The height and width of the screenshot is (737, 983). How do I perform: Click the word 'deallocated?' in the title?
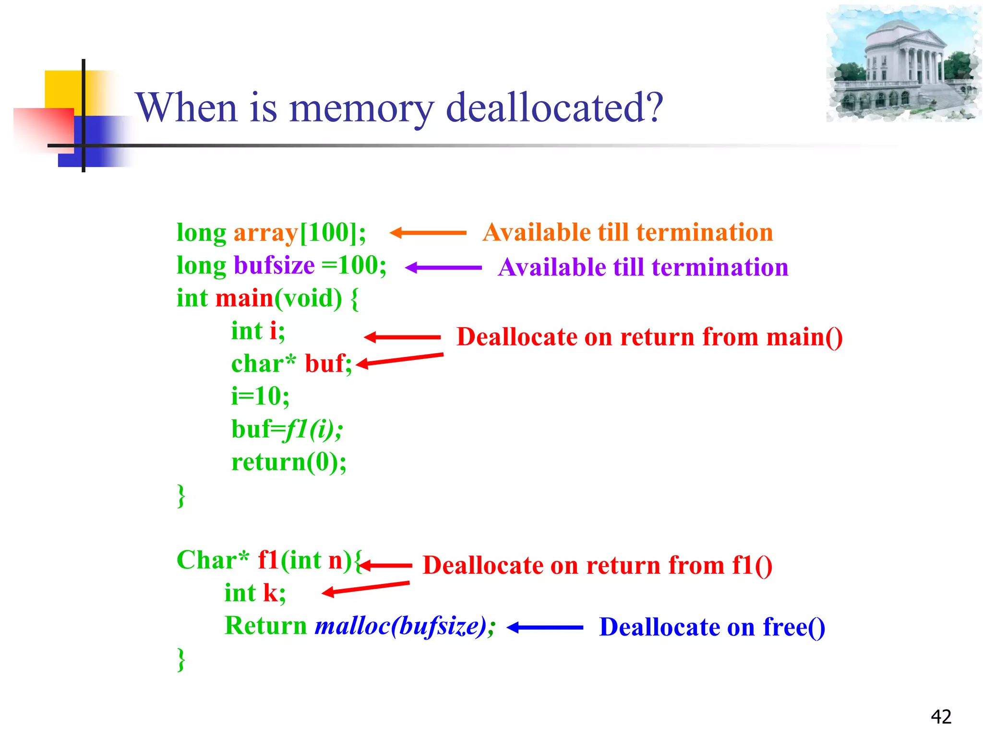point(554,108)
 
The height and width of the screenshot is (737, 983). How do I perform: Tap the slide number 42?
point(941,717)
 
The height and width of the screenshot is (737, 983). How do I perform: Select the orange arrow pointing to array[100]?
point(427,233)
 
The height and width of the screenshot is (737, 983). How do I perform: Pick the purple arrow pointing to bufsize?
point(443,268)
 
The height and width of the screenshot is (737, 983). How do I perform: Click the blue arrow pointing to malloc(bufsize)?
point(545,627)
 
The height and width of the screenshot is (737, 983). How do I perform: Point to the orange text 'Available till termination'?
point(628,232)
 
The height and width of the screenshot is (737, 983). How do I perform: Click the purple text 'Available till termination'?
point(643,267)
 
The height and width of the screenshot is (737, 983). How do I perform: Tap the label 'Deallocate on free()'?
point(712,627)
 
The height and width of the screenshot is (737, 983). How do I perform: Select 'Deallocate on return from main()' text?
point(649,337)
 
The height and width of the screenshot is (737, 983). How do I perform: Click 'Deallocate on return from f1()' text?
point(598,565)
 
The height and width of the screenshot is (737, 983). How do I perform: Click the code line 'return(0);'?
point(288,462)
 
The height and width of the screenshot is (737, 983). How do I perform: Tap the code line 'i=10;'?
point(260,396)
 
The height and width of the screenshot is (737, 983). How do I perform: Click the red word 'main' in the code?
point(244,298)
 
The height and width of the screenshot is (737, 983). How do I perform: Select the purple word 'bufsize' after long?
point(274,265)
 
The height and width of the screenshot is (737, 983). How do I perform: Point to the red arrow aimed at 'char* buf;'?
point(399,359)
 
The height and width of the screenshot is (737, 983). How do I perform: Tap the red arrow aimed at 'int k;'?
point(365,588)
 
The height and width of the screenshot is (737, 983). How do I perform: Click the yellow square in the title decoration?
point(62,89)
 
